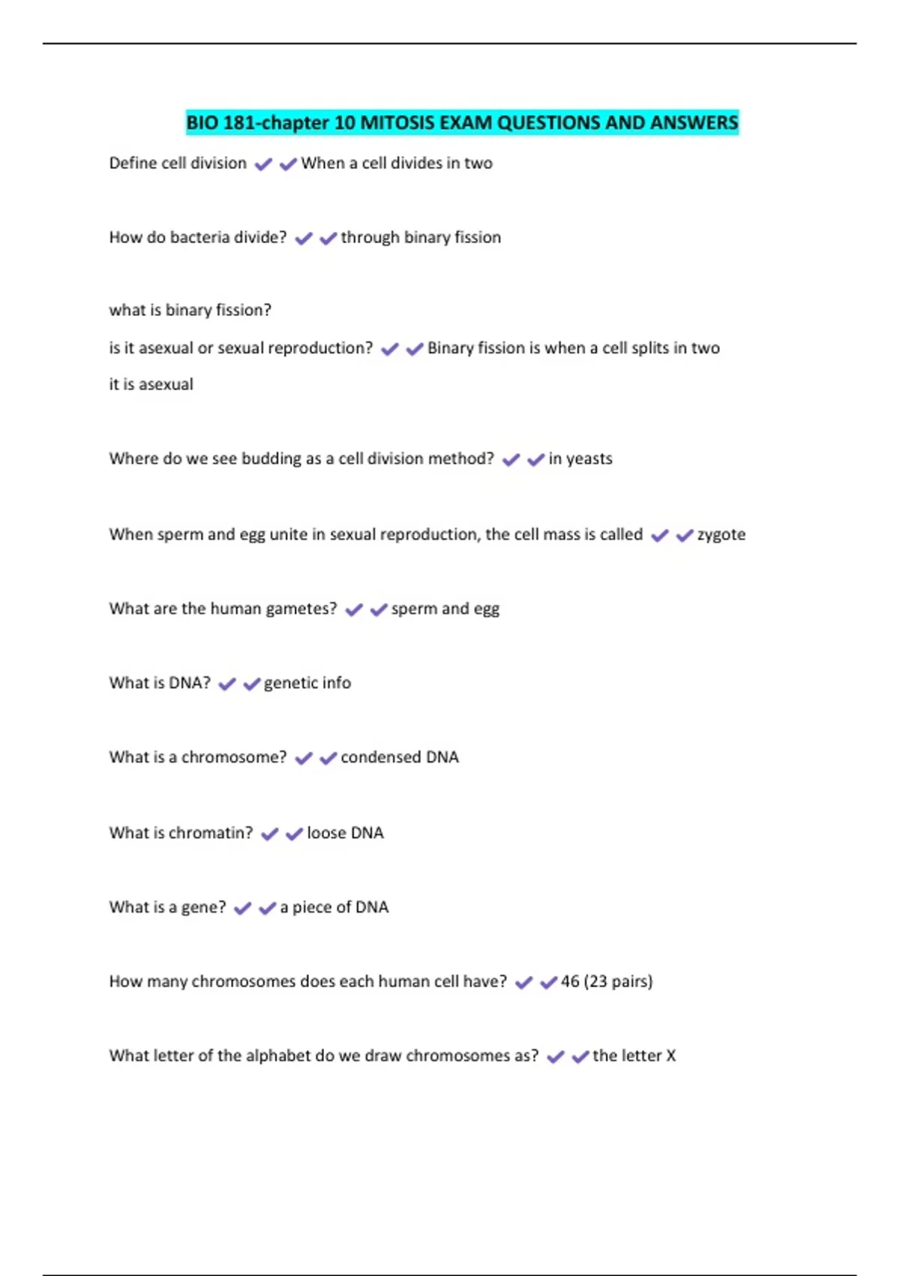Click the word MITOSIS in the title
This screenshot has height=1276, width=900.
(395, 122)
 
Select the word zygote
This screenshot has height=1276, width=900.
(721, 534)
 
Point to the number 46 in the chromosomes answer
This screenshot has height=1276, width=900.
(570, 981)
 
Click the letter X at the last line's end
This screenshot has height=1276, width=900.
(671, 1055)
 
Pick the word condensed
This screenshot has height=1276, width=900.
(380, 757)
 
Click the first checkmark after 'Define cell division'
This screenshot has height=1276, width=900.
(263, 164)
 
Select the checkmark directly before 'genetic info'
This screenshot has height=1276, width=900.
(251, 684)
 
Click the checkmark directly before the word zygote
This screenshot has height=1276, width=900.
(684, 535)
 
